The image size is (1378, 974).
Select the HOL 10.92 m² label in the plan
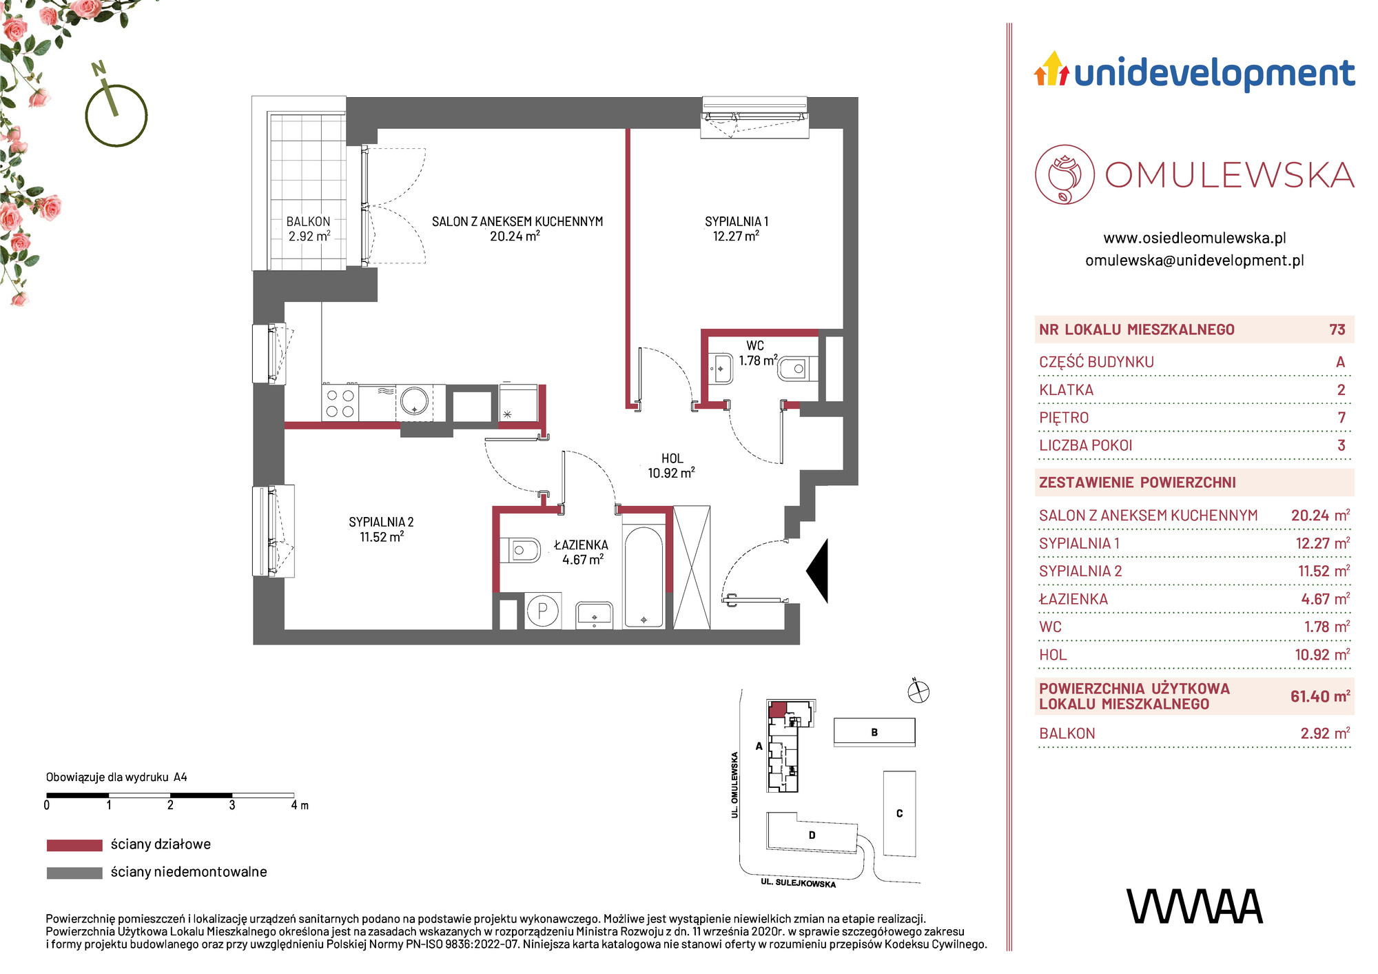coord(672,466)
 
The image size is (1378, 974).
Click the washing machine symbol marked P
coord(543,611)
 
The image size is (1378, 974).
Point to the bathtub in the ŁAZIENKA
coord(644,576)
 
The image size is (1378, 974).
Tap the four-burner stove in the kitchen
coord(340,403)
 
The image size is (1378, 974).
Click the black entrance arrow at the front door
coord(817,571)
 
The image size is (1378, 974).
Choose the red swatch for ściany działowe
coord(74,845)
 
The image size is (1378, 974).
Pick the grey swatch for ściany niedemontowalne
coord(74,873)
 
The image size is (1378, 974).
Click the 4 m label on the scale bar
coord(300,805)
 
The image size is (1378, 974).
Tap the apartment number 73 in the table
coord(1337,329)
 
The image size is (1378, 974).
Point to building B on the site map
coord(874,732)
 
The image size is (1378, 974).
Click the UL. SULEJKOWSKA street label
coord(798,883)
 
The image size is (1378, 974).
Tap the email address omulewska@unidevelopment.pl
coord(1195,261)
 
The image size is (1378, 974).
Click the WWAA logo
coord(1195,906)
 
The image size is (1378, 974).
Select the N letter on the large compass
coord(99,68)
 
